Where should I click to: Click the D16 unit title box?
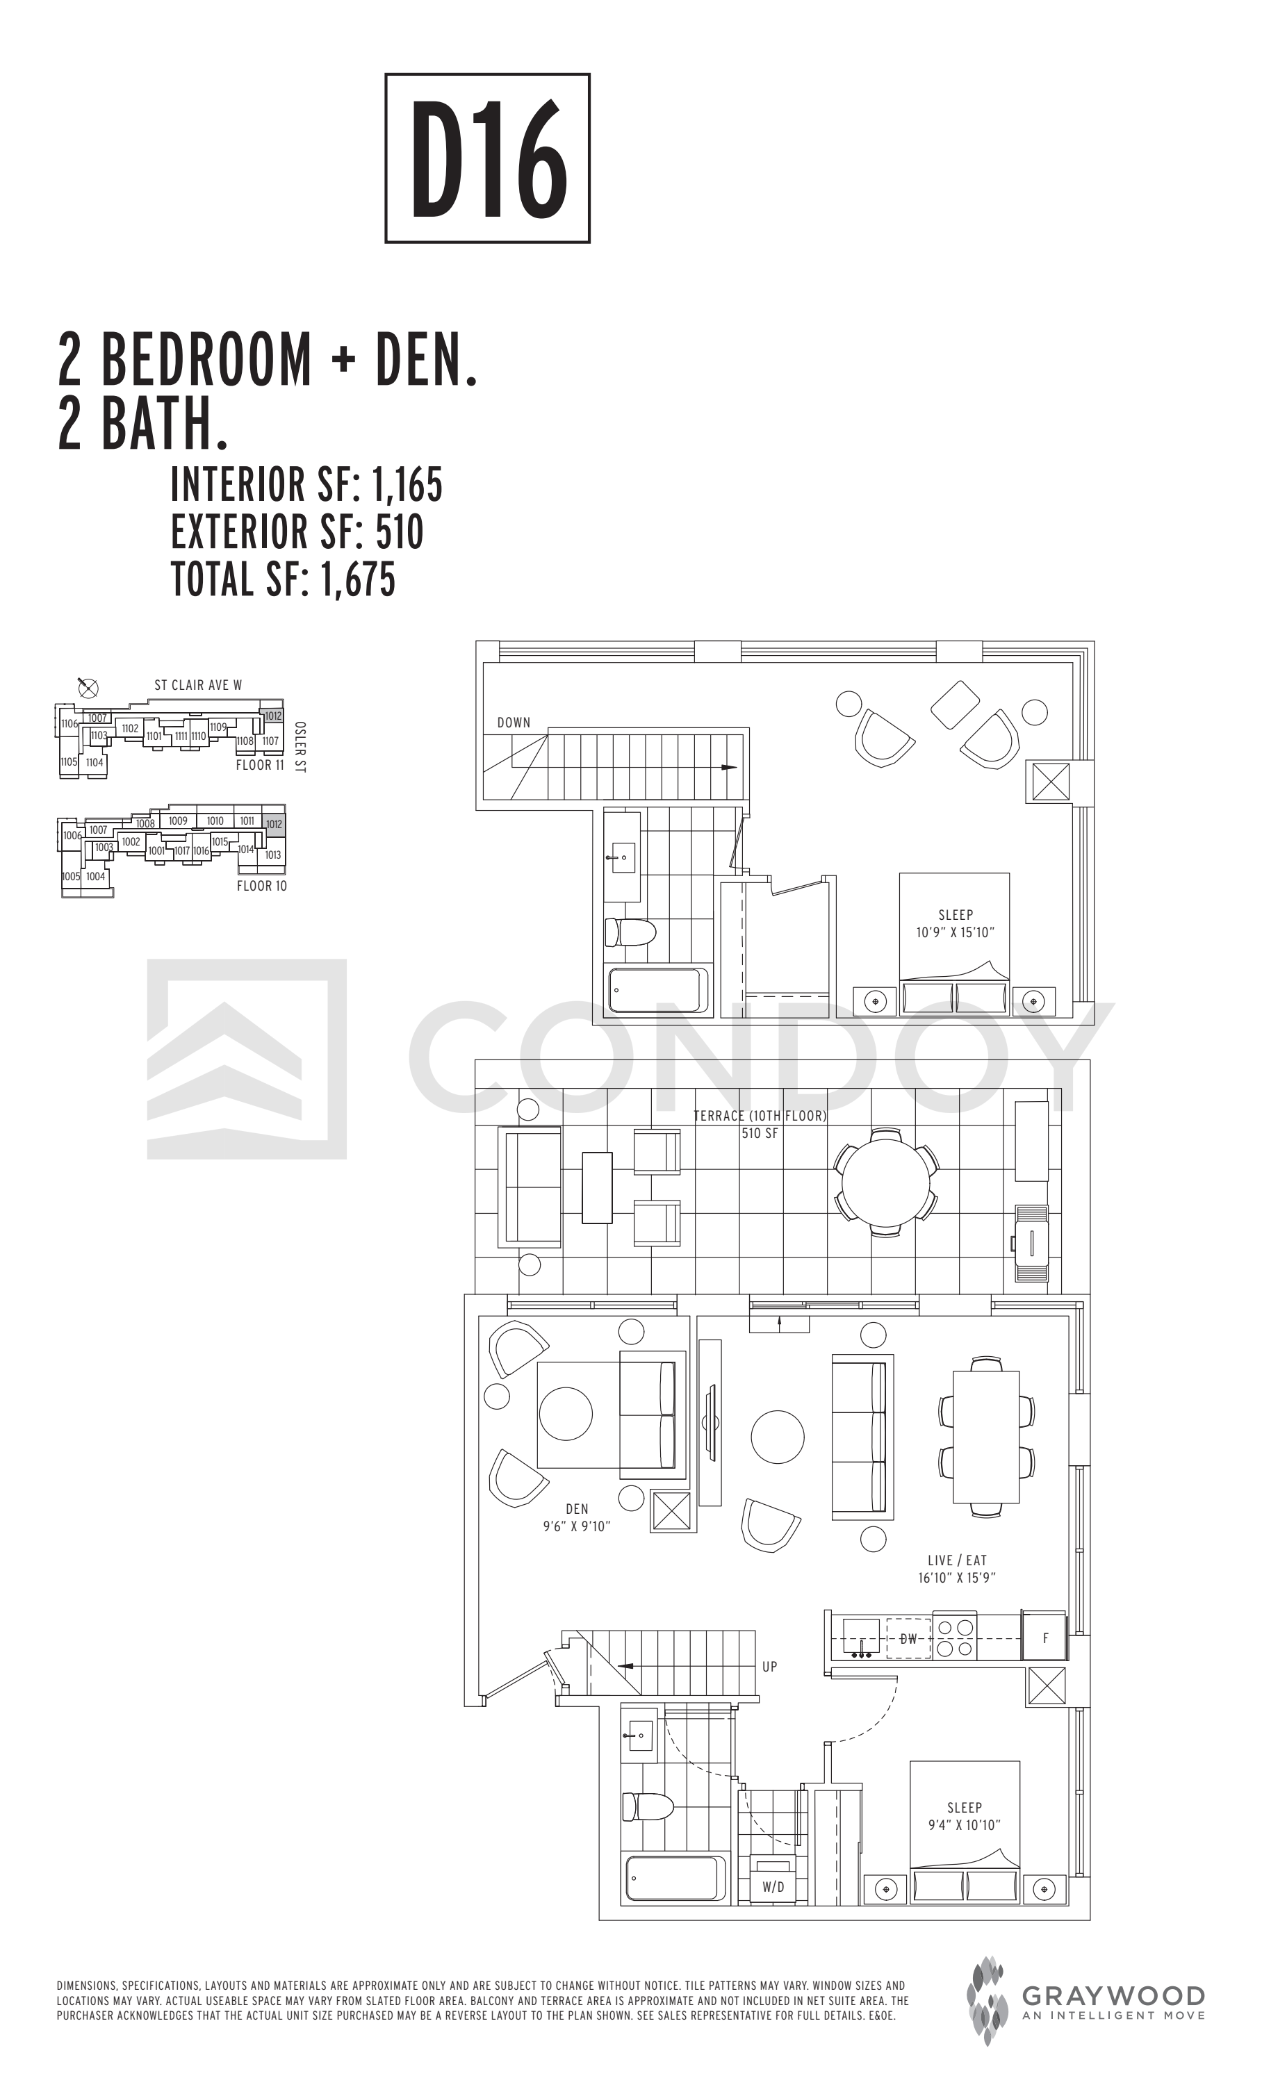(x=486, y=158)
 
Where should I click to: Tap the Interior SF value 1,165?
(x=407, y=485)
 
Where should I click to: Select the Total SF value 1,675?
(x=358, y=579)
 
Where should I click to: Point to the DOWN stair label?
(x=514, y=723)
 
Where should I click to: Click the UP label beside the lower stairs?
(x=769, y=1667)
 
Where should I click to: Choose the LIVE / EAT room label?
(x=957, y=1560)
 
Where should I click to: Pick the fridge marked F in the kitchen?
(x=1044, y=1638)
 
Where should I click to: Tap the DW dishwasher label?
(x=908, y=1639)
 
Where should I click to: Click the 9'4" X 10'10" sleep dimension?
(x=964, y=1825)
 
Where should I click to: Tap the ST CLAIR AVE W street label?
(x=198, y=685)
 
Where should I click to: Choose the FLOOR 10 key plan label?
(x=261, y=886)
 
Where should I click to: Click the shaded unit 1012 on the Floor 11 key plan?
(x=272, y=716)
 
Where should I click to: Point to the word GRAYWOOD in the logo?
(x=1113, y=1996)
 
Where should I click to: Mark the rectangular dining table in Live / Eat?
(x=986, y=1437)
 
